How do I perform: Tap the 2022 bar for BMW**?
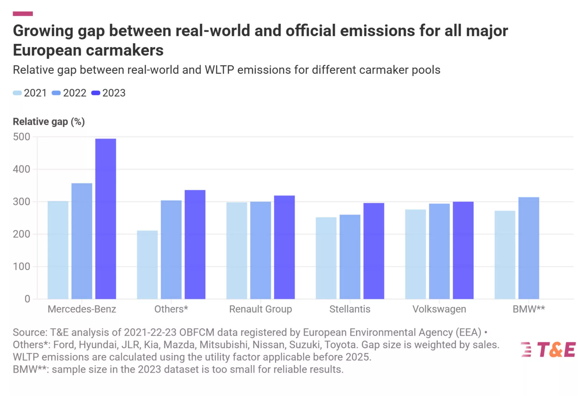coord(529,248)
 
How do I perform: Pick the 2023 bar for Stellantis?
coord(374,251)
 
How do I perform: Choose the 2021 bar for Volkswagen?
coord(415,254)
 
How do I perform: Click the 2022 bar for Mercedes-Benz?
coord(82,241)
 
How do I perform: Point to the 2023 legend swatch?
coord(95,93)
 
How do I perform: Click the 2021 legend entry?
coord(30,93)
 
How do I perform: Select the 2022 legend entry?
coord(69,93)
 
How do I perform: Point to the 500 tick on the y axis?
coord(21,137)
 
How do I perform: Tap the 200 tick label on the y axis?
coord(21,234)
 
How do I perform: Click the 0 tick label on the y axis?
coord(27,299)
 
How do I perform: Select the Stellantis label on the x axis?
coord(350,309)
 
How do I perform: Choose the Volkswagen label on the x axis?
coord(439,309)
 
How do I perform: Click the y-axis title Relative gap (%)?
coord(49,122)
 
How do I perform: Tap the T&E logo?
coord(548,350)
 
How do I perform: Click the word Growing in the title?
coord(43,31)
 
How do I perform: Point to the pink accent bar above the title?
coord(23,13)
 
